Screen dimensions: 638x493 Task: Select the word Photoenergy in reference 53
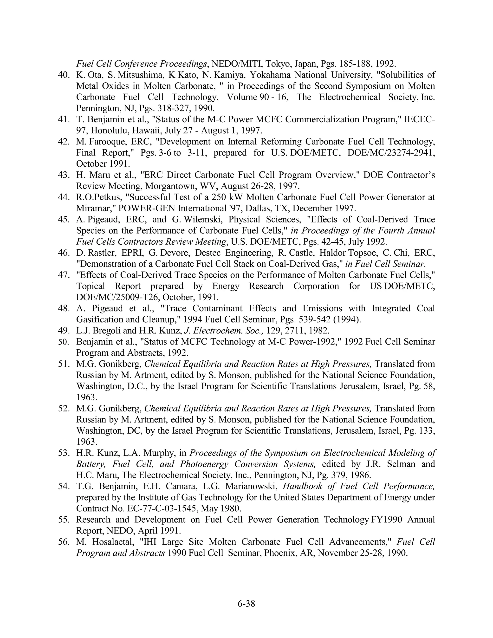pyautogui.click(x=204, y=464)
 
